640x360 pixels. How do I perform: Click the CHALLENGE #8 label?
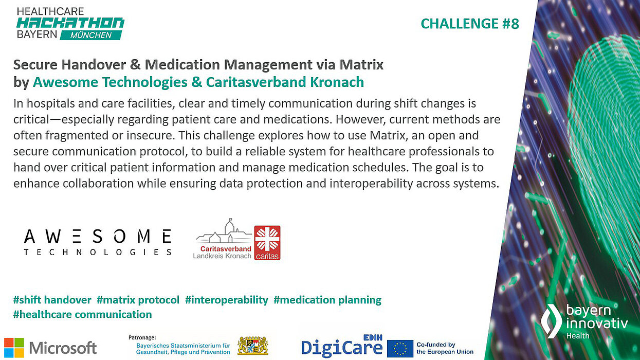470,24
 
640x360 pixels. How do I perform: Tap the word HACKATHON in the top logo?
70,23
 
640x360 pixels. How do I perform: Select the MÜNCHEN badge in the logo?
92,35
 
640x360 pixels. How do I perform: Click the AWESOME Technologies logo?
98,242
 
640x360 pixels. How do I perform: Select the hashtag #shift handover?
52,300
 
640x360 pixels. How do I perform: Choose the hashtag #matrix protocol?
138,300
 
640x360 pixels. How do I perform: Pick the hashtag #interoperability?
227,300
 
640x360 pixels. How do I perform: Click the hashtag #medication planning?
327,300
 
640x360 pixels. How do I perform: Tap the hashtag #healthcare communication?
83,314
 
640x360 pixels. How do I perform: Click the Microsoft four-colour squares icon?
14,348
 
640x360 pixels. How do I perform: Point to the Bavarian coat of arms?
252,347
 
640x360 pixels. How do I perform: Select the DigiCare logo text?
341,348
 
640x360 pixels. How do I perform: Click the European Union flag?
400,348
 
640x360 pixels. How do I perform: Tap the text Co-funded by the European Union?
445,348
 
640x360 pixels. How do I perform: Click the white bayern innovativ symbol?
551,320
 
